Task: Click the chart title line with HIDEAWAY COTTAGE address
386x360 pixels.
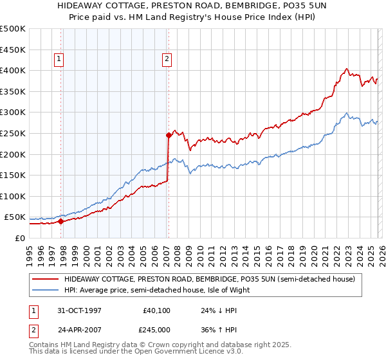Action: coord(192,6)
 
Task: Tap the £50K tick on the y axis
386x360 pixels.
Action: coord(15,217)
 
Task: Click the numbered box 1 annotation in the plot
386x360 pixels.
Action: coord(59,60)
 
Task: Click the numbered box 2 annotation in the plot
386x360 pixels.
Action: coord(167,60)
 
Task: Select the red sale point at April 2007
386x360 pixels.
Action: coord(168,135)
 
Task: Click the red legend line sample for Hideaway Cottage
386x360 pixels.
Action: coord(46,279)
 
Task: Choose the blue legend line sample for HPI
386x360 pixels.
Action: coord(46,290)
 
